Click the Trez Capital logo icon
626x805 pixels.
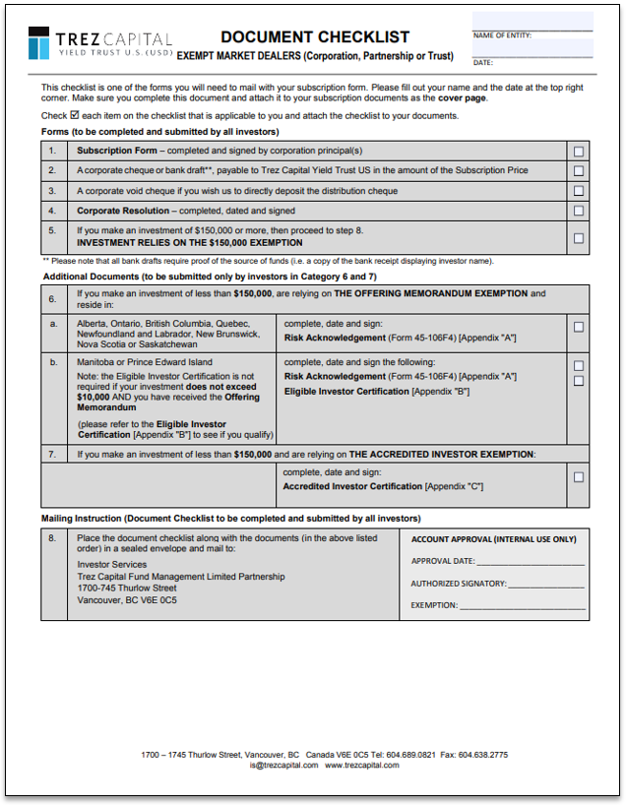click(x=38, y=43)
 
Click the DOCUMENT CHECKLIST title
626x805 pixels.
click(x=315, y=37)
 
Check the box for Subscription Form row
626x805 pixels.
click(x=578, y=152)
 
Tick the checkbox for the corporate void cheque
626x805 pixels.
click(x=578, y=191)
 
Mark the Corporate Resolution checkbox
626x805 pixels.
click(x=578, y=211)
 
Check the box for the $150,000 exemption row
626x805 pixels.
click(x=578, y=237)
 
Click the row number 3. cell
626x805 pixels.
click(x=53, y=170)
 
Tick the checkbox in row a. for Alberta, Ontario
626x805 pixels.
click(x=578, y=328)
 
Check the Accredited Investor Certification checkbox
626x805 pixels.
click(x=578, y=477)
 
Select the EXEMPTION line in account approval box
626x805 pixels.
click(x=522, y=605)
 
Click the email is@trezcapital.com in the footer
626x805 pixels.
click(x=283, y=765)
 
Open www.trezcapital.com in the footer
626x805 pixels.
click(x=362, y=765)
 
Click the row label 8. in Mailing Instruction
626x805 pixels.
click(x=53, y=539)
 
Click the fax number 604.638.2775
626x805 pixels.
click(x=484, y=755)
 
